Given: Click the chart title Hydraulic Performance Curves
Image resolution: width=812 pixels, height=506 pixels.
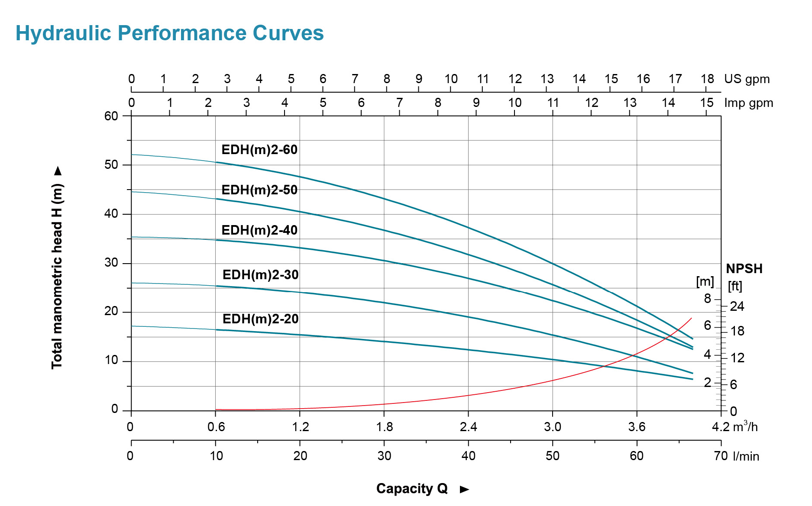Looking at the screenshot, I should click(169, 33).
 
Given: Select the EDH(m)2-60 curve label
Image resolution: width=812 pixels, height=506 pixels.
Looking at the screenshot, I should click(259, 150).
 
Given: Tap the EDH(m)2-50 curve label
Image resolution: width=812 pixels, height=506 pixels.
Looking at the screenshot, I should click(259, 190).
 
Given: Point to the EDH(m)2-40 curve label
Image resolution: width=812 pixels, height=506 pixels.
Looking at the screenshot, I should click(259, 230).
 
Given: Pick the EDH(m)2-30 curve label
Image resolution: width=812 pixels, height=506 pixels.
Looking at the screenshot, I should click(260, 275).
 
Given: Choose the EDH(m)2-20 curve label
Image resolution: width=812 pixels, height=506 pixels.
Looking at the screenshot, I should click(260, 319).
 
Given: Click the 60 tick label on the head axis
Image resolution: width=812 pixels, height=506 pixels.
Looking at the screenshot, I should click(111, 116).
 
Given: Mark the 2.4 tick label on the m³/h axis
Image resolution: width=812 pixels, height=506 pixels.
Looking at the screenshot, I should click(468, 427).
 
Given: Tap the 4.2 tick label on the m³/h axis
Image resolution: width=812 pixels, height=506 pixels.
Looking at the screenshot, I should click(721, 427).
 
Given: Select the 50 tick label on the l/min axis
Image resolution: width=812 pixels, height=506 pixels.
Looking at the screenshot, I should click(553, 456).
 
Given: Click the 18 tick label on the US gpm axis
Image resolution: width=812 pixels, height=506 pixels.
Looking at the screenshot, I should click(707, 79).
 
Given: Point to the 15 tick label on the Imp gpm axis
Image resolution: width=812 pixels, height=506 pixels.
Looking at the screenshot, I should click(707, 103).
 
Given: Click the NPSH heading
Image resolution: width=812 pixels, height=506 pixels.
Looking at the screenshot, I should click(744, 269).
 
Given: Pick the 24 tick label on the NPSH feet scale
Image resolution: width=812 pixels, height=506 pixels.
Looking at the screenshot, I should click(737, 306).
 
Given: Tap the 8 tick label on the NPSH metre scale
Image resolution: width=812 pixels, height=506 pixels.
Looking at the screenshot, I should click(708, 298).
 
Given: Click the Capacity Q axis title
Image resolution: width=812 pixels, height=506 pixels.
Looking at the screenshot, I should click(412, 489).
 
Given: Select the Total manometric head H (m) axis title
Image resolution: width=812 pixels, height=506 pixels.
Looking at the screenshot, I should click(57, 276).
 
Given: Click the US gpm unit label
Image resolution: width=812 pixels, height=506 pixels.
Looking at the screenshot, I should click(747, 79).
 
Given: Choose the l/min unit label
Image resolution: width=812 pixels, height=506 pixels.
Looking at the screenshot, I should click(746, 456).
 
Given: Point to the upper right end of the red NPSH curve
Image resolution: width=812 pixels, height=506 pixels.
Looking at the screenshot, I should click(691, 318).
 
